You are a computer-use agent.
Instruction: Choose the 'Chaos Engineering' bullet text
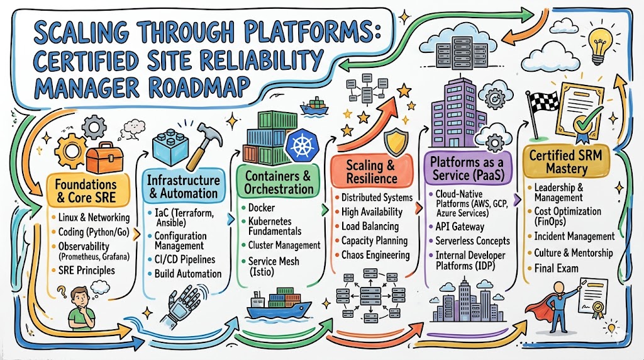tap(375, 255)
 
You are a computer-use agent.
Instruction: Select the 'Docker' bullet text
tap(262, 207)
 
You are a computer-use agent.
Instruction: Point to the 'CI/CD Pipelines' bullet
tap(185, 259)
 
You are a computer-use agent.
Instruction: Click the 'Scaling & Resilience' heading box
tap(372, 172)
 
